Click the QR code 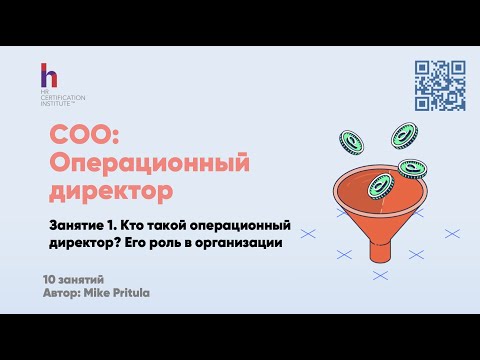coord(439,86)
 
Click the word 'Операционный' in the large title coord(148,161)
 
